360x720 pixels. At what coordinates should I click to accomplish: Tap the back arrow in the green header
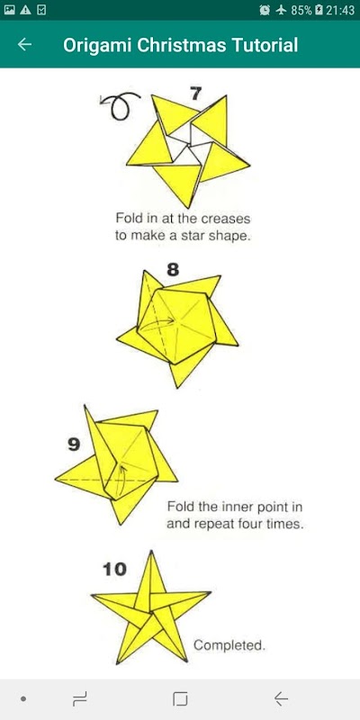(x=24, y=44)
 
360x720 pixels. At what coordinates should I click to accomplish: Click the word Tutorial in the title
(x=265, y=45)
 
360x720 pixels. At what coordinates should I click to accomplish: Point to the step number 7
(x=195, y=94)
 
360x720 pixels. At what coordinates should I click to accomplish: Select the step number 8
(x=173, y=270)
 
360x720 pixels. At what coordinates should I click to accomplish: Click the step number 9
(x=74, y=445)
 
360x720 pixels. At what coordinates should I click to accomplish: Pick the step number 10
(x=114, y=570)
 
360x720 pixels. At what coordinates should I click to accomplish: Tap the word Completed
(x=229, y=645)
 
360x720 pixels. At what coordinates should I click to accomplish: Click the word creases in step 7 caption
(x=227, y=218)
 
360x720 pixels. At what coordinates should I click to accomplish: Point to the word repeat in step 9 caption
(x=212, y=525)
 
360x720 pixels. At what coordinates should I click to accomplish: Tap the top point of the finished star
(x=151, y=551)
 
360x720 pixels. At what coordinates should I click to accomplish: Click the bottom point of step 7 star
(x=189, y=208)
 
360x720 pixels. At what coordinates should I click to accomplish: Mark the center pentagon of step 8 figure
(x=176, y=325)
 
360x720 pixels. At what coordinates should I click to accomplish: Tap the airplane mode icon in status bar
(x=281, y=10)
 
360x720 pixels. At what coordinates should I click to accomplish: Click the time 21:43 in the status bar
(x=340, y=10)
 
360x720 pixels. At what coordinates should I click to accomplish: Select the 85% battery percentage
(x=301, y=10)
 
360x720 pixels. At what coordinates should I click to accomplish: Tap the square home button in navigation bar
(x=180, y=699)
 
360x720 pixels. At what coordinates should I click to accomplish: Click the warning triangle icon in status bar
(x=25, y=10)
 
